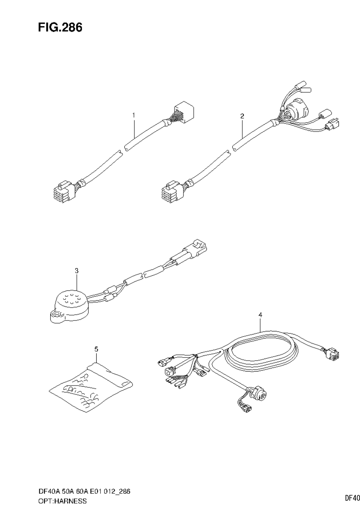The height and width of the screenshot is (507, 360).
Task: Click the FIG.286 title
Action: [x=60, y=28]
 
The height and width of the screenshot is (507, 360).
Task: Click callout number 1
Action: [x=134, y=115]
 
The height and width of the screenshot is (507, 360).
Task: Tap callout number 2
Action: [x=242, y=116]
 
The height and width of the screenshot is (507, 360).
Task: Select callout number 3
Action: [x=77, y=270]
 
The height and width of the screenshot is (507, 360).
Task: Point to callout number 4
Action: [x=260, y=314]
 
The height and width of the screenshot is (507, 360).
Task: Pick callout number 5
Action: [x=96, y=349]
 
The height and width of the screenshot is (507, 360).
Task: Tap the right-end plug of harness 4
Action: [x=332, y=355]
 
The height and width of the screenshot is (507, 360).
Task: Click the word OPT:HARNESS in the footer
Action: [x=62, y=501]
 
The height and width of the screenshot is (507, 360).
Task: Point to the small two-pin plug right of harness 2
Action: [x=332, y=124]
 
